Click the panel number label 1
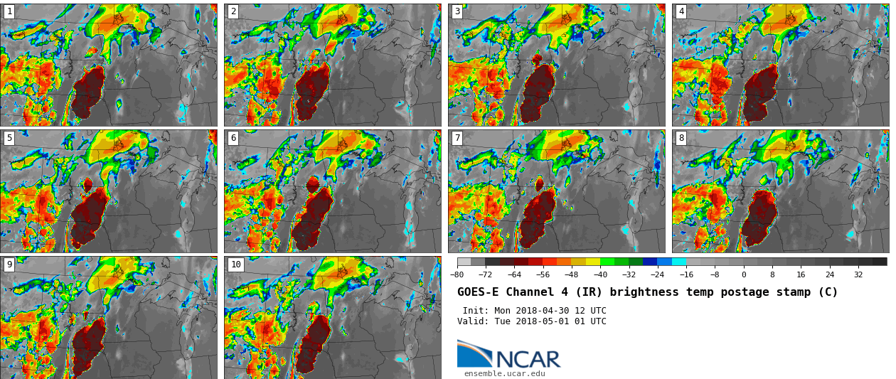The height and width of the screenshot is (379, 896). click(x=9, y=11)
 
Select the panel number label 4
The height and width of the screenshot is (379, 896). click(x=681, y=11)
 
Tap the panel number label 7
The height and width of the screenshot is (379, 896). click(x=457, y=138)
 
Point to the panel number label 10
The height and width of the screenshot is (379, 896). click(x=235, y=265)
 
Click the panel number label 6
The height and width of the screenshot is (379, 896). click(x=233, y=138)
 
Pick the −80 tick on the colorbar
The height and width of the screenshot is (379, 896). click(x=457, y=274)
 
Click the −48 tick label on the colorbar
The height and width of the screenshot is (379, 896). click(x=571, y=274)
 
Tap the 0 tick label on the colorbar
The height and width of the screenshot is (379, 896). click(x=744, y=274)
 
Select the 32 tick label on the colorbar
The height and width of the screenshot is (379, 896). click(x=858, y=274)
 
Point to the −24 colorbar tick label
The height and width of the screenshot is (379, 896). click(x=657, y=274)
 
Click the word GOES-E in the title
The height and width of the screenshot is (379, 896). click(x=477, y=292)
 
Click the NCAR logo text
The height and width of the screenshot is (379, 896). click(x=528, y=360)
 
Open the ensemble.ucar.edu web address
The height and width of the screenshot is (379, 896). click(x=504, y=373)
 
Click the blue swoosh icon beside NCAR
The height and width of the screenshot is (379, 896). click(x=474, y=354)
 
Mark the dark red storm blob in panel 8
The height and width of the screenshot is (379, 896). click(x=759, y=217)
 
